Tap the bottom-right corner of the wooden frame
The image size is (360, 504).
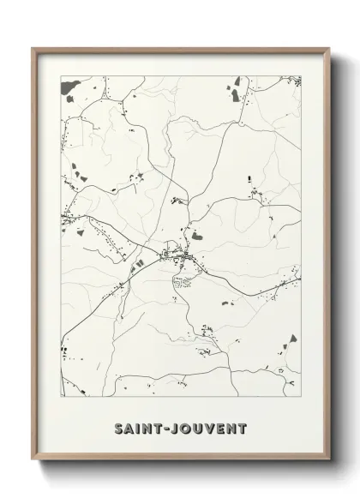(327, 460)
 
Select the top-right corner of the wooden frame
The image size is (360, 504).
(327, 49)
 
